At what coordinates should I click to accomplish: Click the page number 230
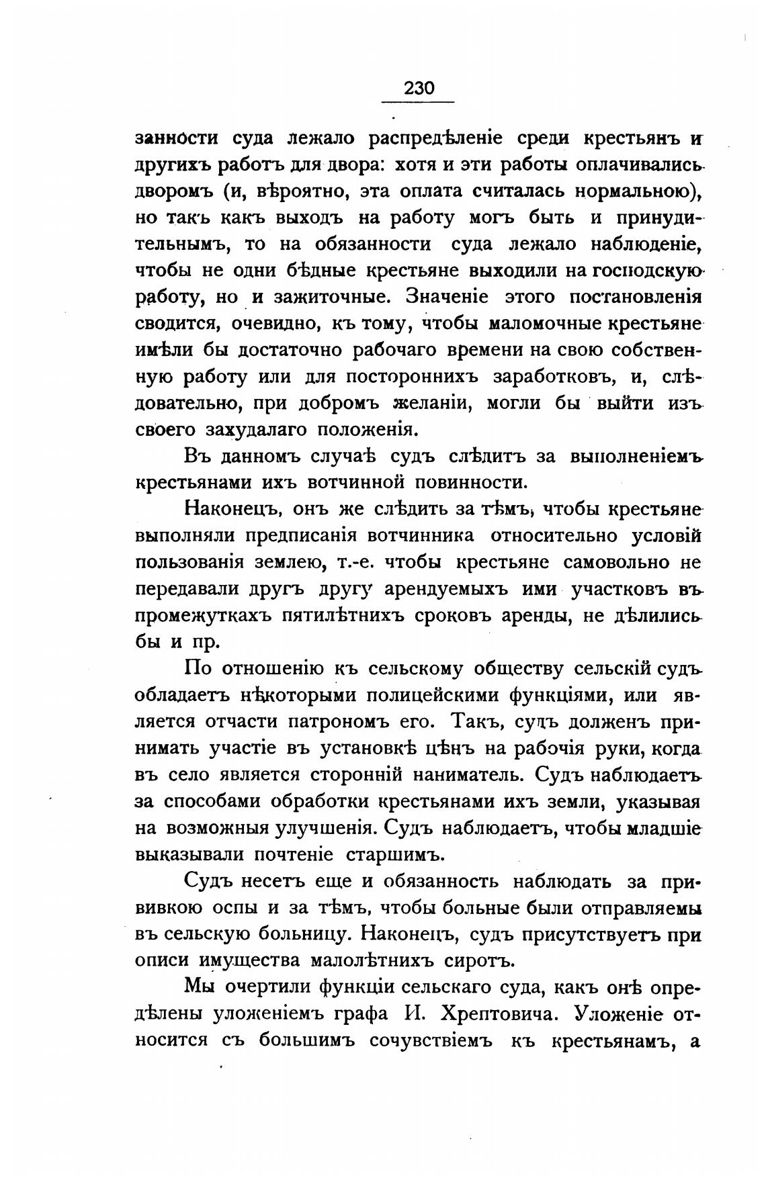(x=418, y=88)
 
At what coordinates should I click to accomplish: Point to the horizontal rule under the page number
(x=418, y=102)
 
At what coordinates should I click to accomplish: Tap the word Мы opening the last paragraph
(x=200, y=987)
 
